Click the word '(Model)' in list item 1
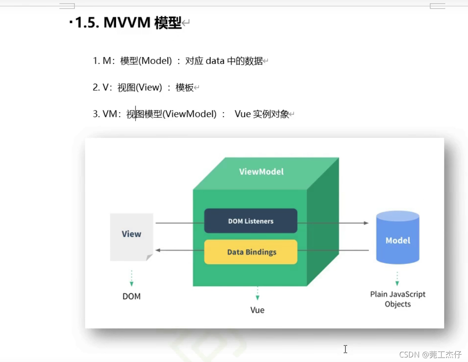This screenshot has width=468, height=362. [156, 61]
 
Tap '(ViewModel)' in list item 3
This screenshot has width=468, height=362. [189, 114]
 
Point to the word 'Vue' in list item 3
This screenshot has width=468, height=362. [243, 114]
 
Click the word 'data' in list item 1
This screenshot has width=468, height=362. [215, 61]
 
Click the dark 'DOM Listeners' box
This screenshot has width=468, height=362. [250, 221]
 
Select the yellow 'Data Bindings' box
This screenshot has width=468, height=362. [250, 252]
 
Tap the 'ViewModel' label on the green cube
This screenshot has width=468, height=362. [262, 172]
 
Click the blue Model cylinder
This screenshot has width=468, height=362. [397, 238]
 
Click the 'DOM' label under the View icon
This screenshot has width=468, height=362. [131, 296]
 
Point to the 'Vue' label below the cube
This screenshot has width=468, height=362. [257, 310]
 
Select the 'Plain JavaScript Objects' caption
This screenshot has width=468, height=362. [397, 299]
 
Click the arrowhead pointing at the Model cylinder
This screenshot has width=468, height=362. [366, 223]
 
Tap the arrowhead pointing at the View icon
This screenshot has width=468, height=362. [158, 250]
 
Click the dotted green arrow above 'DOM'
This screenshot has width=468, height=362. [131, 278]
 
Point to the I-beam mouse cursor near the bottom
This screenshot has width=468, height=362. [345, 349]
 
